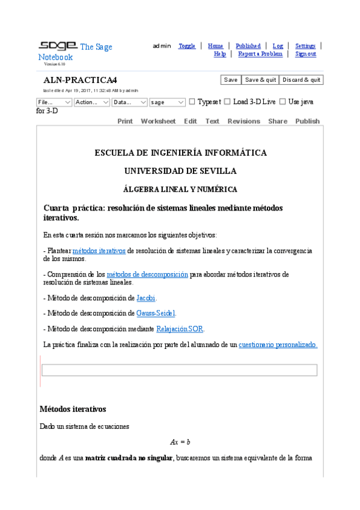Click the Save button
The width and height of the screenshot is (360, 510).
coord(231,80)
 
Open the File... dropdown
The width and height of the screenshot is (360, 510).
coord(54,102)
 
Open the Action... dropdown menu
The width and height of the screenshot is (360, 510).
coord(92,102)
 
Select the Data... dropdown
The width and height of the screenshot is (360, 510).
coord(129,102)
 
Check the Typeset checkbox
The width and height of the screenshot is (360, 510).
coord(192,102)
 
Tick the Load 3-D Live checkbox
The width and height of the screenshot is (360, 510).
coord(227,102)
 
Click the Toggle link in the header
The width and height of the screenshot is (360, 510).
coord(187,46)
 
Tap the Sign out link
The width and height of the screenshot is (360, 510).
coord(305,54)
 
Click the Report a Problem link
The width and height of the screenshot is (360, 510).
coord(260,54)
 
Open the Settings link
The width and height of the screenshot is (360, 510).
coord(305,46)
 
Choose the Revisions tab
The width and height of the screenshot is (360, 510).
coord(243,121)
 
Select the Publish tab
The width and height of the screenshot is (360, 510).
coord(307,121)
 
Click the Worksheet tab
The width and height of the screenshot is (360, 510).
coord(158,121)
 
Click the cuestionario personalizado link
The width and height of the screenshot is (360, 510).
coord(278,345)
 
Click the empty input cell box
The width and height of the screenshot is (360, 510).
coord(179,370)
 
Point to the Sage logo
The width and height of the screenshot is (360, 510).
coord(58,46)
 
